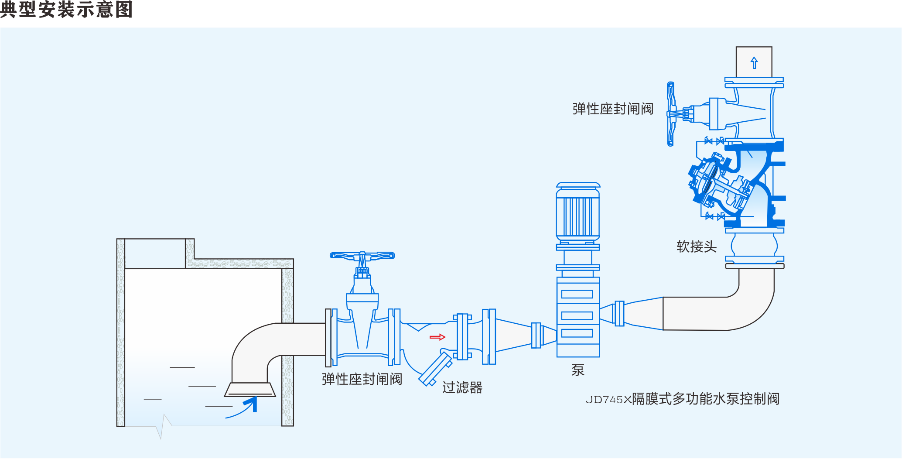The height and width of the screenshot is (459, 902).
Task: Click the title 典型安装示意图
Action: tap(66, 10)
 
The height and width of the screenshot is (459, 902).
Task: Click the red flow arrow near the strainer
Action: tap(437, 337)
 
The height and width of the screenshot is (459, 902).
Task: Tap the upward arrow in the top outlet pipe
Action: tap(754, 63)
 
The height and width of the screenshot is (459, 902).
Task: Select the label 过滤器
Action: tap(462, 387)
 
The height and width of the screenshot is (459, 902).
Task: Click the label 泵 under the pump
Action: tap(578, 370)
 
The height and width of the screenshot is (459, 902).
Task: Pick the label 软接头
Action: tap(697, 247)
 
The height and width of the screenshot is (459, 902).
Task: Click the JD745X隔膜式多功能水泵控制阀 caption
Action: tap(682, 399)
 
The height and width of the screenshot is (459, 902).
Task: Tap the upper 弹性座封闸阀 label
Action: tap(613, 109)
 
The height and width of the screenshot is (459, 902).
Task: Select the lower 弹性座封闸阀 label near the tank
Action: tap(362, 379)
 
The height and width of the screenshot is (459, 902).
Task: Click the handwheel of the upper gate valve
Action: tap(671, 114)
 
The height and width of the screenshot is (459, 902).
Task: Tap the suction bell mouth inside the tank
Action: tap(250, 390)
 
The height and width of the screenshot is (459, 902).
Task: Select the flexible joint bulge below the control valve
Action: tap(754, 245)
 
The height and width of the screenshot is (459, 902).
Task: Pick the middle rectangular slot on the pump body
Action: tap(577, 315)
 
